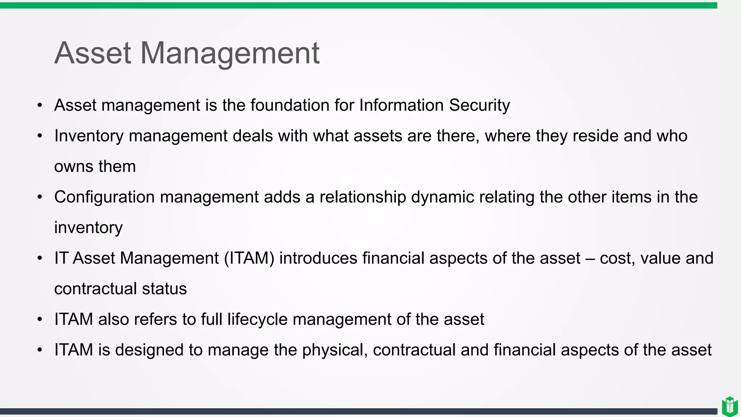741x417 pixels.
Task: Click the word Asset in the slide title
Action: (93, 53)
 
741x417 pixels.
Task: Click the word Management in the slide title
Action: (230, 53)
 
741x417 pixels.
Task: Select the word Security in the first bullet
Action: (479, 105)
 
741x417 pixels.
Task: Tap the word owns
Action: (74, 167)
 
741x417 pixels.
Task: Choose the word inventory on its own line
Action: (88, 228)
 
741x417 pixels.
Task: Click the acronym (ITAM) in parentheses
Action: (249, 258)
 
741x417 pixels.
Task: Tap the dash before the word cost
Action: (590, 258)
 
